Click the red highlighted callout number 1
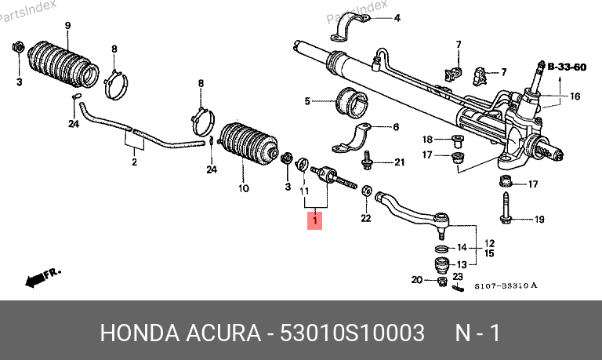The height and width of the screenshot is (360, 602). (315, 220)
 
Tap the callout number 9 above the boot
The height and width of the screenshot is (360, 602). (67, 26)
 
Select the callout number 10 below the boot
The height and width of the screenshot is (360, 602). (244, 188)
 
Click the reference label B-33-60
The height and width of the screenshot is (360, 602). (567, 67)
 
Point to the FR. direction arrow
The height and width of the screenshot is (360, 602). (42, 278)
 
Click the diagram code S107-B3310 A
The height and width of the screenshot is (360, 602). (506, 285)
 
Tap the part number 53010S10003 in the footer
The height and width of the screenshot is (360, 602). (352, 333)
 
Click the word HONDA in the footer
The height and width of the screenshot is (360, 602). (140, 333)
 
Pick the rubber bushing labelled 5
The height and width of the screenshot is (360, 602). (352, 104)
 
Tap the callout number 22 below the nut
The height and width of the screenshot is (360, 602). (366, 218)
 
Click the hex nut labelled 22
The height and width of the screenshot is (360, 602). (366, 190)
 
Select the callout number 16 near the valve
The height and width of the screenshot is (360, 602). (575, 96)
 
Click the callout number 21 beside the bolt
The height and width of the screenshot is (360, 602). (400, 162)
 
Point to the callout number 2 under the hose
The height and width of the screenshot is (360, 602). (134, 162)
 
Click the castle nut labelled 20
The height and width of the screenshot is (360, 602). (442, 282)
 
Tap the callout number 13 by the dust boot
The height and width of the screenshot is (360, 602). (462, 264)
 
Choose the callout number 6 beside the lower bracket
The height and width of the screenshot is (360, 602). (396, 127)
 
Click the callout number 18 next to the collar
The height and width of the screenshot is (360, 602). (427, 139)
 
